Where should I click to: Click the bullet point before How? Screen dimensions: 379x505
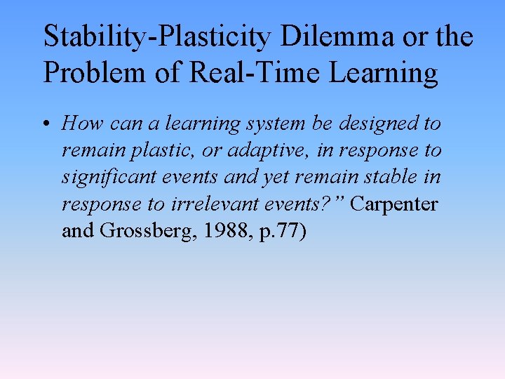(x=49, y=125)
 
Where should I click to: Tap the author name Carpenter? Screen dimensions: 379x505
(x=394, y=204)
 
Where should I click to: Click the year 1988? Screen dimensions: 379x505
(x=219, y=230)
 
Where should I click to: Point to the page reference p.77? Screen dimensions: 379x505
(x=277, y=231)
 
